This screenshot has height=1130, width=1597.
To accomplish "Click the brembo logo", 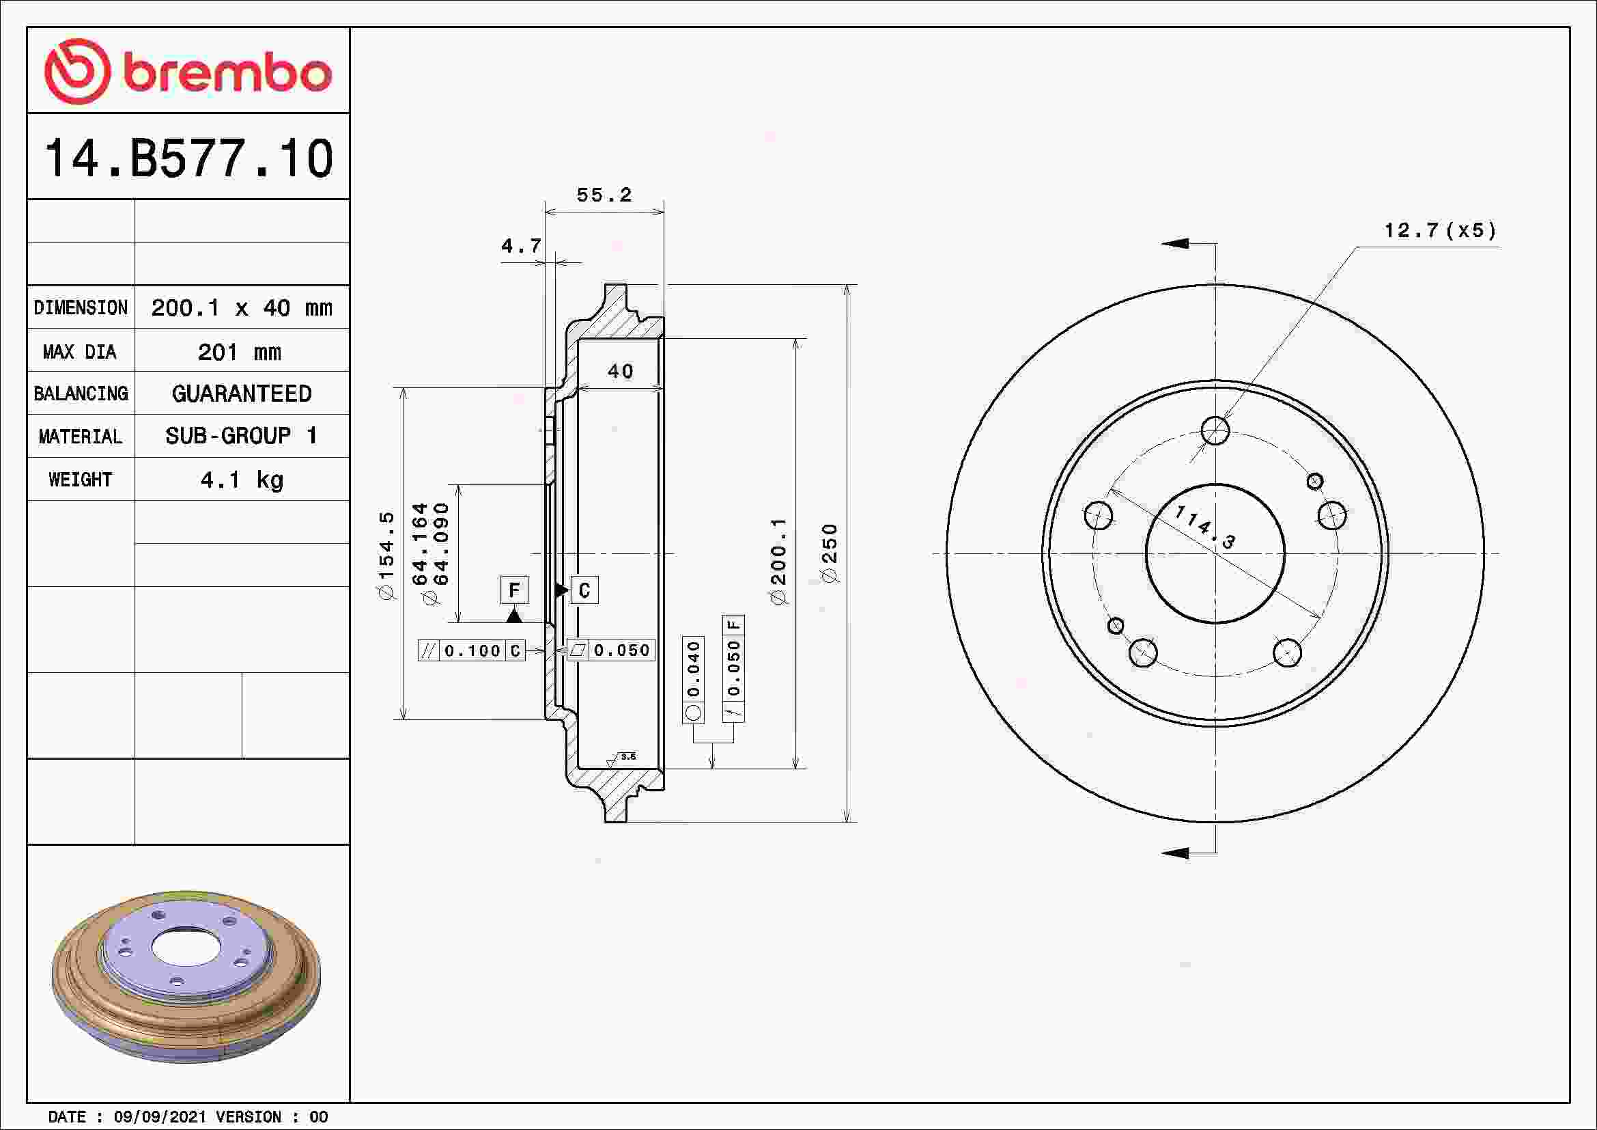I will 188,72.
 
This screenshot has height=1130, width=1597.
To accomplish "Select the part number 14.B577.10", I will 188,159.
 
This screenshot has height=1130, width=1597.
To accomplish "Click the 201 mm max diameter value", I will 240,352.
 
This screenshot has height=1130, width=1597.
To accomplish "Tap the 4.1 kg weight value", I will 241,480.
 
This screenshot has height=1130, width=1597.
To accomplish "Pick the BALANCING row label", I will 81,394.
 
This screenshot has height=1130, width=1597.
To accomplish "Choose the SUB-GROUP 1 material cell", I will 241,437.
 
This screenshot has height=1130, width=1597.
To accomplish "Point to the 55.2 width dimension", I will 604,195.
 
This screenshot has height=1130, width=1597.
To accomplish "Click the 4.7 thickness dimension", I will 520,247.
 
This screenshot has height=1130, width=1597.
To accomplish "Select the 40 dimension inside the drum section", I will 621,372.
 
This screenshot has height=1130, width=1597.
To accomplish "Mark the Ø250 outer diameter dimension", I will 830,553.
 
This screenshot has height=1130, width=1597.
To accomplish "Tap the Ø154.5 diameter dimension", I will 386,555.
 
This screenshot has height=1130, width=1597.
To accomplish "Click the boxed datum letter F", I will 514,590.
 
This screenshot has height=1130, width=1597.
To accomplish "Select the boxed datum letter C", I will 584,590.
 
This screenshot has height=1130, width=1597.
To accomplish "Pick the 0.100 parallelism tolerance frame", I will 472,650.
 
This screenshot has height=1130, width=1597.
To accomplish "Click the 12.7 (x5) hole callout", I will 1439,230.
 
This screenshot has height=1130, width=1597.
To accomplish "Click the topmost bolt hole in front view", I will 1215,430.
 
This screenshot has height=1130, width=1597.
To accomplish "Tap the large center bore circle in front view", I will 1215,554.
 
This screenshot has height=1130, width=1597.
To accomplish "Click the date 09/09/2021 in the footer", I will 159,1117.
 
